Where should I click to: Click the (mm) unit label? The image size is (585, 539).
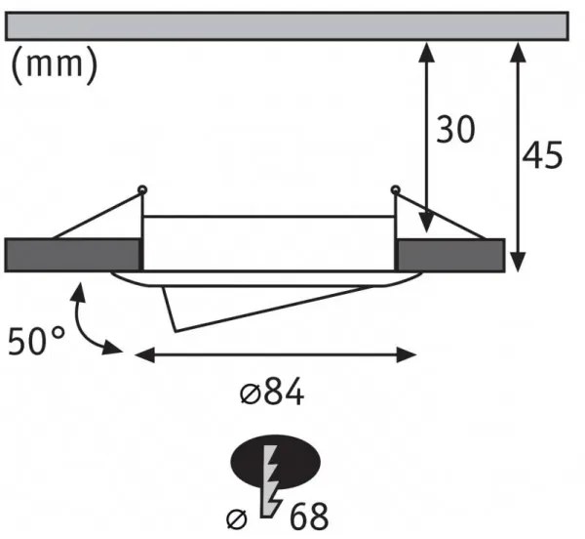pyautogui.click(x=55, y=64)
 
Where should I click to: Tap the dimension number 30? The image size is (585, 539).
pyautogui.click(x=455, y=129)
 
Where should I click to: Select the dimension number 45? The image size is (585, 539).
pyautogui.click(x=542, y=154)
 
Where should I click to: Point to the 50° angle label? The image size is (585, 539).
pyautogui.click(x=36, y=341)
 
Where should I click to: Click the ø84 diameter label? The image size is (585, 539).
pyautogui.click(x=272, y=393)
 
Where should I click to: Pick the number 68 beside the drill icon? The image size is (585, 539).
pyautogui.click(x=309, y=517)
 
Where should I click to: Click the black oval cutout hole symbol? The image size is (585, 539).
pyautogui.click(x=276, y=462)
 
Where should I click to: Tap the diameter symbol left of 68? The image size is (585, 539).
pyautogui.click(x=237, y=519)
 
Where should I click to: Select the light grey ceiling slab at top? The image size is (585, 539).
pyautogui.click(x=287, y=25)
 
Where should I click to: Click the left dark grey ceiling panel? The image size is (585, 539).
pyautogui.click(x=73, y=255)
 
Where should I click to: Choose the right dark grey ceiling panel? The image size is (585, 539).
pyautogui.click(x=450, y=255)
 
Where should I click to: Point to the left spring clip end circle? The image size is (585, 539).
pyautogui.click(x=141, y=189)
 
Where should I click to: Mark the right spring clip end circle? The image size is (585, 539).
pyautogui.click(x=396, y=189)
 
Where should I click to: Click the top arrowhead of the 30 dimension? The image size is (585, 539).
pyautogui.click(x=427, y=51)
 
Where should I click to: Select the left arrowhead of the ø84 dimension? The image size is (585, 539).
pyautogui.click(x=144, y=354)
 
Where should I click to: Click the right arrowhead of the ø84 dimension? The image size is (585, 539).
pyautogui.click(x=407, y=354)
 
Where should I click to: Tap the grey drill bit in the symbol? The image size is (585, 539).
pyautogui.click(x=270, y=481)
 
